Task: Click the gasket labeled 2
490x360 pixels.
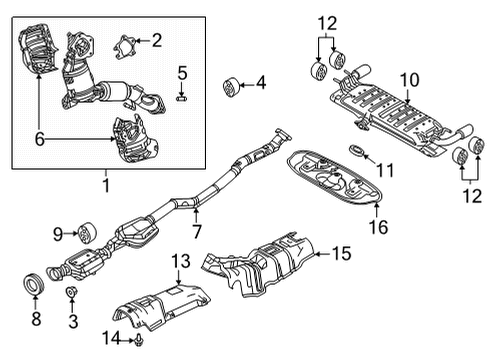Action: point(125,48)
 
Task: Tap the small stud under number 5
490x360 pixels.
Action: point(181,98)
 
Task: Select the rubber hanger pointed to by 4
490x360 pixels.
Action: point(231,87)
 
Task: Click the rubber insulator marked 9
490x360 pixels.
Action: point(87,233)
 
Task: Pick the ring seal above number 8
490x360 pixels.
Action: point(33,283)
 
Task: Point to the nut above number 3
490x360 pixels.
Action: point(71,292)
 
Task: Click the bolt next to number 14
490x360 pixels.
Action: point(138,340)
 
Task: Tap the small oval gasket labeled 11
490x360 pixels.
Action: point(357,150)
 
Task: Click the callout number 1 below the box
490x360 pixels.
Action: point(106,185)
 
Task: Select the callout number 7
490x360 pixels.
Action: point(197,231)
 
